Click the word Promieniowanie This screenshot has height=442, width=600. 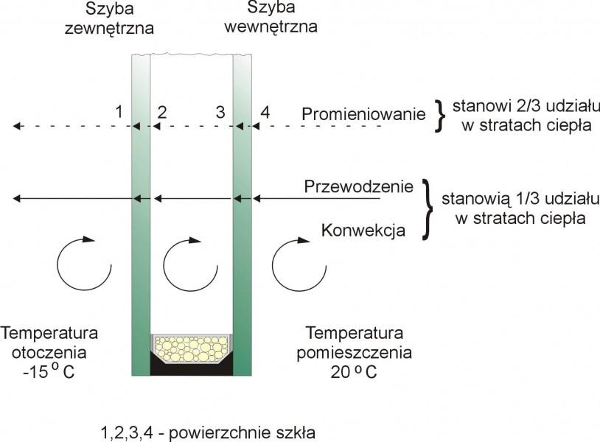coord(363,114)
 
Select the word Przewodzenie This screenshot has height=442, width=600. coord(359,187)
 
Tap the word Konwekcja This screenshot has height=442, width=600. coord(363,231)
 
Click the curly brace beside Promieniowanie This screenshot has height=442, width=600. coord(439,115)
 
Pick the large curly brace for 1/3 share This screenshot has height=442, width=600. coord(428,209)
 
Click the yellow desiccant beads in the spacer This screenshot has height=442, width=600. coord(191,347)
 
